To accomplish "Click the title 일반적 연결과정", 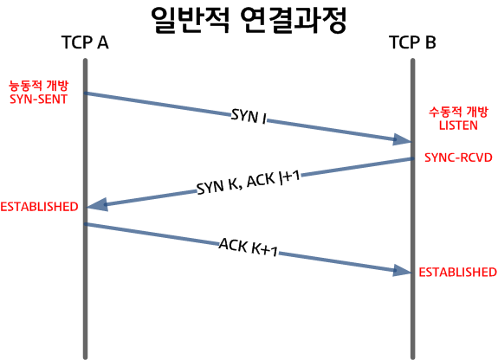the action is pyautogui.click(x=248, y=20).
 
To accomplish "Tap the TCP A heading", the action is pyautogui.click(x=85, y=42).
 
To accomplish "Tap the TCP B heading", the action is pyautogui.click(x=412, y=42).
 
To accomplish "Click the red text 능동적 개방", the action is pyautogui.click(x=38, y=86).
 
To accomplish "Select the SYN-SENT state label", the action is pyautogui.click(x=38, y=99).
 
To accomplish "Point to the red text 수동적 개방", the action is pyautogui.click(x=458, y=112).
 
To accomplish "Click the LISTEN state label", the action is pyautogui.click(x=458, y=125).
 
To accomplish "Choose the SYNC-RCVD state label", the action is pyautogui.click(x=458, y=157).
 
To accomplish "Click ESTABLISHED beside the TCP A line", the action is pyautogui.click(x=39, y=207).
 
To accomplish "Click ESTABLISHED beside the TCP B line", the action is pyautogui.click(x=457, y=272).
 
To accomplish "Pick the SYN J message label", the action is pyautogui.click(x=249, y=116).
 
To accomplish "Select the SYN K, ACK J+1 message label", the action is pyautogui.click(x=249, y=183).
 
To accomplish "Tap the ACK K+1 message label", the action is pyautogui.click(x=249, y=247).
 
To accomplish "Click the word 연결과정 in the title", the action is pyautogui.click(x=293, y=20).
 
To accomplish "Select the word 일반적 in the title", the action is pyautogui.click(x=190, y=20).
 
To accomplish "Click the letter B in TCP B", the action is pyautogui.click(x=430, y=42).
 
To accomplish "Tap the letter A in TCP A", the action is pyautogui.click(x=103, y=42).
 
